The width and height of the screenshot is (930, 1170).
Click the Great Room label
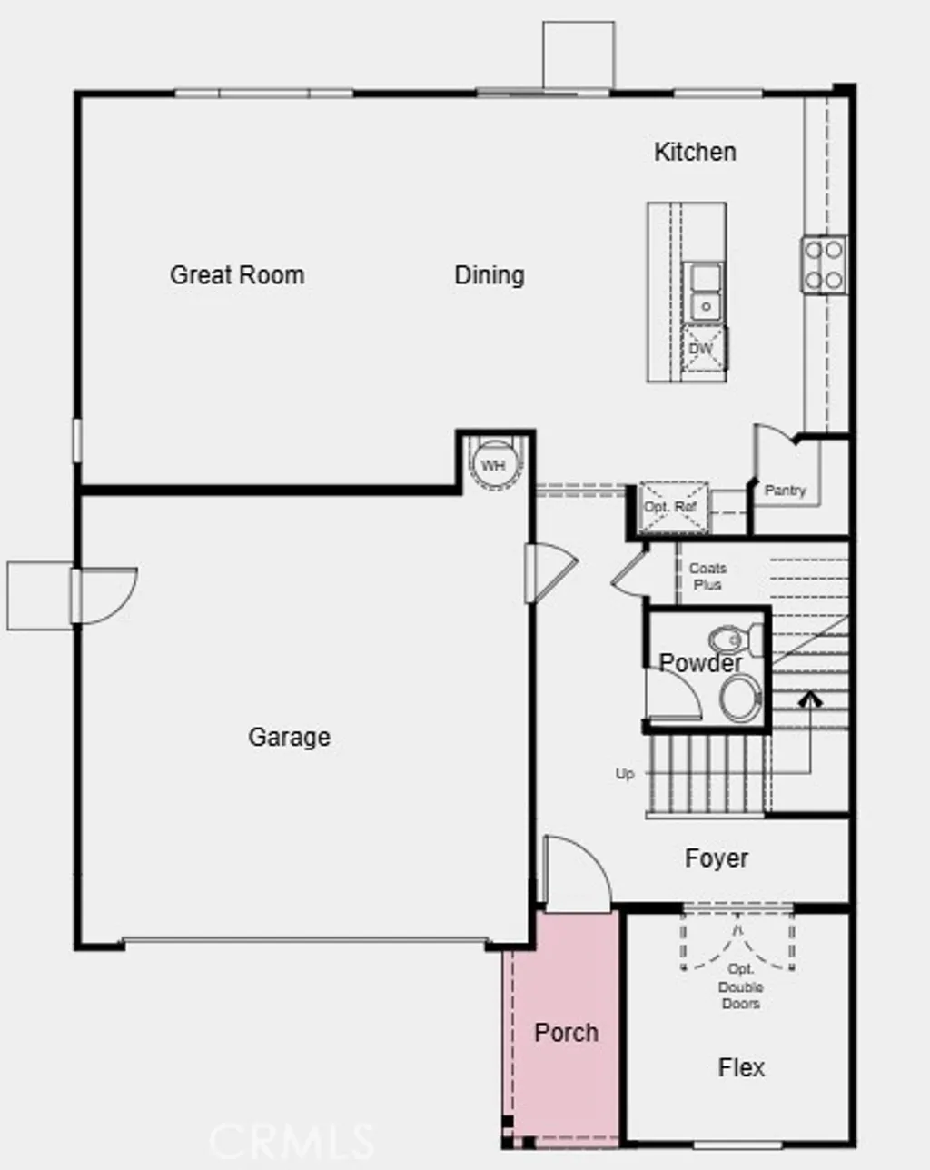pyautogui.click(x=237, y=274)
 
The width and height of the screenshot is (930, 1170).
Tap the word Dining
pyautogui.click(x=490, y=274)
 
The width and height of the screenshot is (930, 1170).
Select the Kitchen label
pyautogui.click(x=695, y=152)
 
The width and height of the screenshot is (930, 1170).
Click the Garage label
pyautogui.click(x=289, y=737)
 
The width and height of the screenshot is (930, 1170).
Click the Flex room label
pyautogui.click(x=741, y=1067)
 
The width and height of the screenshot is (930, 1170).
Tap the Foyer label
pyautogui.click(x=717, y=858)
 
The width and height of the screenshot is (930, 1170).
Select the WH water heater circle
pyautogui.click(x=493, y=466)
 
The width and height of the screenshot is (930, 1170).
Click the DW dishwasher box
pyautogui.click(x=701, y=350)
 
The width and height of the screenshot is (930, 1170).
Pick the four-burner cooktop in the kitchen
pyautogui.click(x=824, y=264)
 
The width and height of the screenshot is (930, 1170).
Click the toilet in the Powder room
pyautogui.click(x=726, y=639)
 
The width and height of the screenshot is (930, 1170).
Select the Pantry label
pyautogui.click(x=785, y=491)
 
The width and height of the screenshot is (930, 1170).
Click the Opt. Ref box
pyautogui.click(x=672, y=507)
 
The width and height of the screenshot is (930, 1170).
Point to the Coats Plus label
pyautogui.click(x=707, y=576)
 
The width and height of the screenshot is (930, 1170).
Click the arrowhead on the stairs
pyautogui.click(x=809, y=699)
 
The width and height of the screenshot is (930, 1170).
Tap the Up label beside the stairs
pyautogui.click(x=625, y=774)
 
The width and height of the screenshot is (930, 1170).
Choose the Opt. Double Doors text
pyautogui.click(x=741, y=987)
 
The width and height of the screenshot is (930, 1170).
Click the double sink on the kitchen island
pyautogui.click(x=705, y=292)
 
